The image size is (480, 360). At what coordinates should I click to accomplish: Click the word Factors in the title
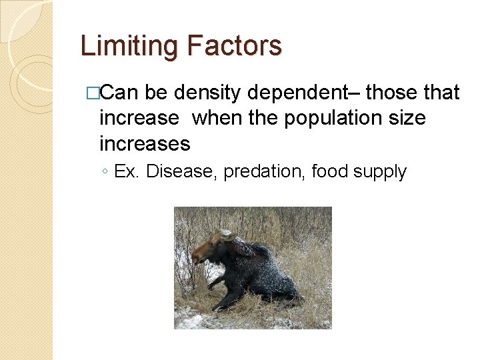pos(235,47)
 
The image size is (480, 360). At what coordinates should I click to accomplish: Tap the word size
pos(406,118)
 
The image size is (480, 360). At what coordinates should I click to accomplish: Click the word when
pos(217,118)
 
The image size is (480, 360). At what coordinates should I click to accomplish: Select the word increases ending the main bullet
pos(144,143)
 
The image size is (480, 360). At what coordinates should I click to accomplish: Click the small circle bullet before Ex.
pos(106,172)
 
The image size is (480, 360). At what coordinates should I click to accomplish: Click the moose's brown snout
pos(199,253)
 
